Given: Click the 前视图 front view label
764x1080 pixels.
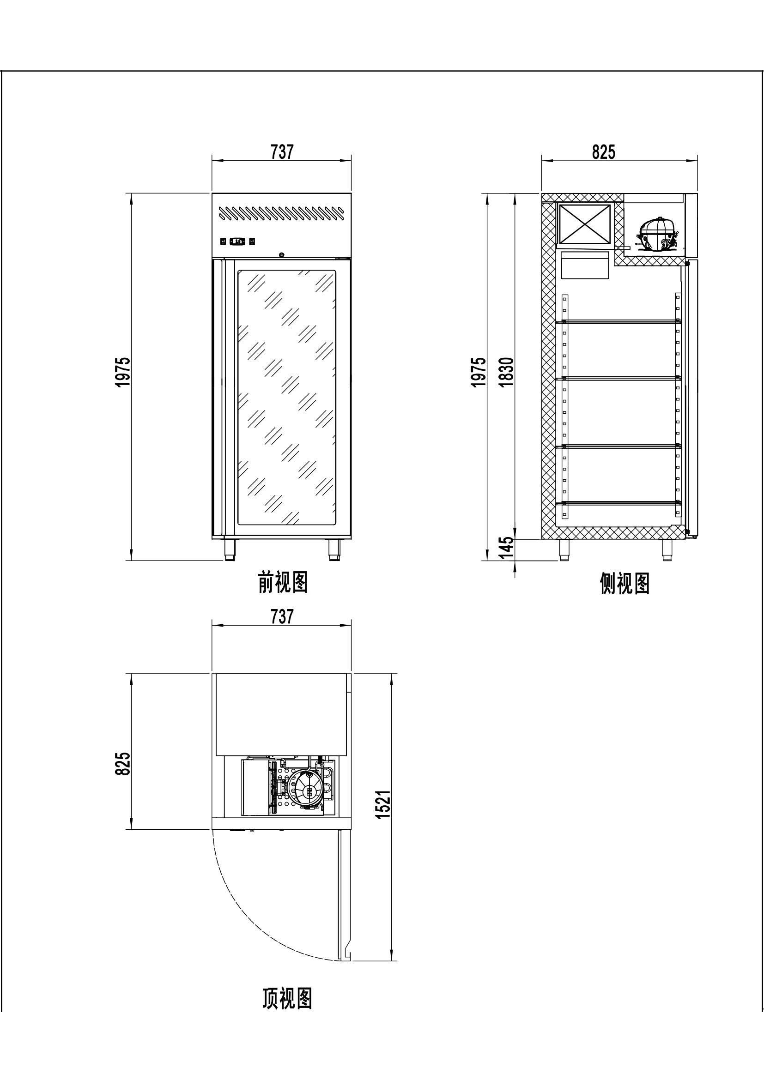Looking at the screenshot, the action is coord(283,582).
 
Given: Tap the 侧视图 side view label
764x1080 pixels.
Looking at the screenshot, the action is coord(625,584).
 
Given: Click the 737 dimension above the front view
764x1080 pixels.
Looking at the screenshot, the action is coord(282,151).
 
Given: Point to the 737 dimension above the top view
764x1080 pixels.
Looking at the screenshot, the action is coord(282,616).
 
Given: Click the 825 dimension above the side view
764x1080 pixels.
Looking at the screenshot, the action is coord(604,151).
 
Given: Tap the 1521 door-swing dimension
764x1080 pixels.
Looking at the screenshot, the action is coord(383,804).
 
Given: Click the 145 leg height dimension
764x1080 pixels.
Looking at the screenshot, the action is coord(507,547).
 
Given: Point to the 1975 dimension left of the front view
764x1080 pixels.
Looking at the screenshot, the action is coord(123,372).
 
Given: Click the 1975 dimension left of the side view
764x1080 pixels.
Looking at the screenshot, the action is coord(479,372).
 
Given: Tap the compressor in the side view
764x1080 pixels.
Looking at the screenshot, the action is coord(657,234).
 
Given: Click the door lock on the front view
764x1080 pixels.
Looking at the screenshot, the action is coord(282,254).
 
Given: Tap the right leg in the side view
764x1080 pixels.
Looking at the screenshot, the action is coord(667,550).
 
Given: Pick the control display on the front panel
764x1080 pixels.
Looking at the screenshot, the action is coord(237,241).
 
